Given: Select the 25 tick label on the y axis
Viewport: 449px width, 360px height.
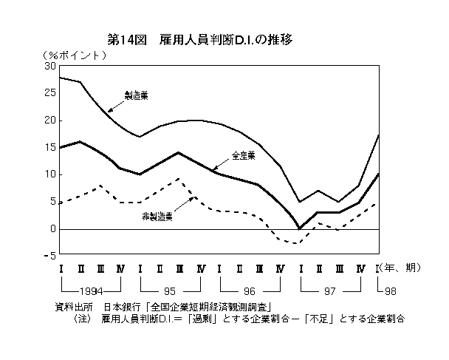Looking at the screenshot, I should click(51, 93).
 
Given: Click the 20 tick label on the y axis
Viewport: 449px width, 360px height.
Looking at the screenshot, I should click(51, 120).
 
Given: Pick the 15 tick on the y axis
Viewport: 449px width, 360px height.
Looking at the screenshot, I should click(51, 147).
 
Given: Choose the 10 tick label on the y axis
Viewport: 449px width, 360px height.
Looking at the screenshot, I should click(51, 174).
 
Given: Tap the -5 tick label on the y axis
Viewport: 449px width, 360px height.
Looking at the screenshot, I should click(49, 257).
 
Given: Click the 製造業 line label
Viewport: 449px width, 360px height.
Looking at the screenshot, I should click(137, 96).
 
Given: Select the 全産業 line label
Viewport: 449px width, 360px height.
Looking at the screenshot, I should click(243, 156).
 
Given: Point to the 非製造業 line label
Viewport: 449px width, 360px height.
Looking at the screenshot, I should click(157, 217).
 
